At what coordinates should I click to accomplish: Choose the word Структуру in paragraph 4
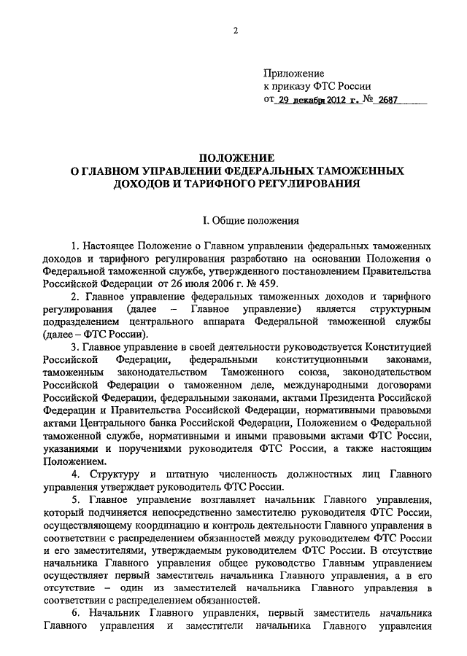tap(109, 475)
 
